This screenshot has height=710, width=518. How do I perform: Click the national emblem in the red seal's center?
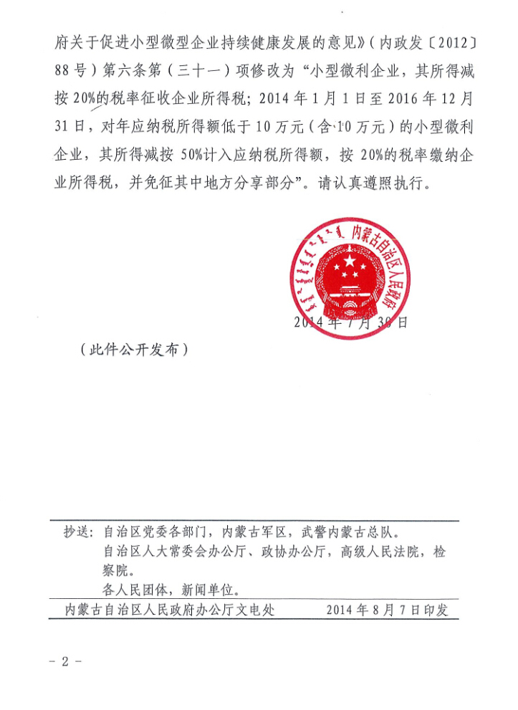[x=350, y=277]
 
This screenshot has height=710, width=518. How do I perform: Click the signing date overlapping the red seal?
[x=350, y=322]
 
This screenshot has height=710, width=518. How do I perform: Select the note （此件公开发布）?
[x=134, y=350]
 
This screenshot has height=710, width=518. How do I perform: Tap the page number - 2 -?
[x=65, y=661]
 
